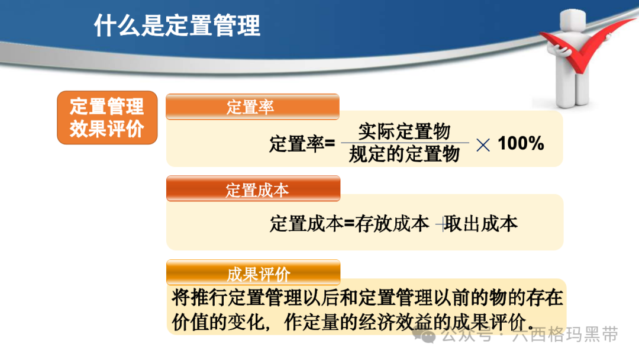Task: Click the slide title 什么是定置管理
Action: (177, 25)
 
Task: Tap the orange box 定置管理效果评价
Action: (107, 117)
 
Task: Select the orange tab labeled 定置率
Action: (252, 107)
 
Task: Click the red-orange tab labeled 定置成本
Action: (253, 188)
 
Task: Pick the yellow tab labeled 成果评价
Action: (253, 272)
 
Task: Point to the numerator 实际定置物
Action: (404, 131)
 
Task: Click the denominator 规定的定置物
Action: (404, 154)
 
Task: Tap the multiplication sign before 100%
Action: (483, 144)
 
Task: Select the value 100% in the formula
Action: (521, 143)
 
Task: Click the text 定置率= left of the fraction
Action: (302, 144)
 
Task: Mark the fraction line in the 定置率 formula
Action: (405, 143)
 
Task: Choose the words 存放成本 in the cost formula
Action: (392, 224)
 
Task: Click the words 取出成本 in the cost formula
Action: (481, 224)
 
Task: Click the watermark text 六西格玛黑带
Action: (565, 335)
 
